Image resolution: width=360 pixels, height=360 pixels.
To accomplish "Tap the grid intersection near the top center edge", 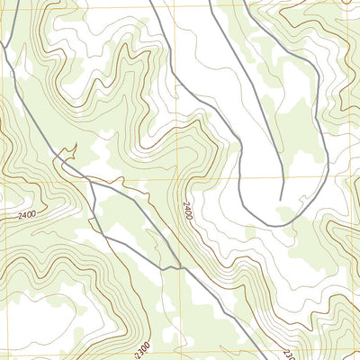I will click(179, 9).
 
